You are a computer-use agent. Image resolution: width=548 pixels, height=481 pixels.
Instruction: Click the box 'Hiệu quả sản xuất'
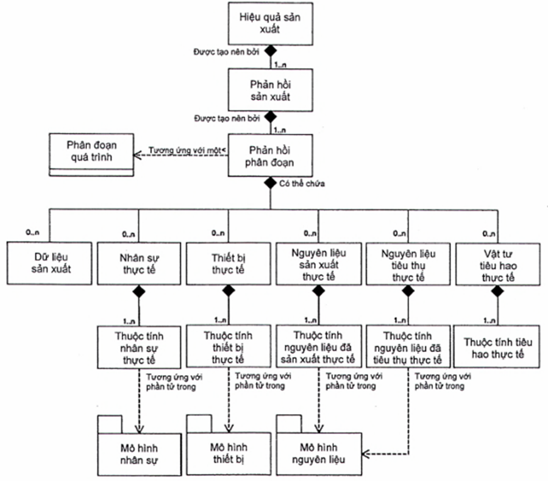[269, 23]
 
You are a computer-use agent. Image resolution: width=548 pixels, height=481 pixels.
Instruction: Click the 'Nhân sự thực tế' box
[138, 263]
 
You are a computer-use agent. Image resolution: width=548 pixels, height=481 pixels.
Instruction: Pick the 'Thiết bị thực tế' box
[228, 263]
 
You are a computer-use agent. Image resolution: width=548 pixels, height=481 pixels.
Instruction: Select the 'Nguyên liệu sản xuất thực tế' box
[318, 263]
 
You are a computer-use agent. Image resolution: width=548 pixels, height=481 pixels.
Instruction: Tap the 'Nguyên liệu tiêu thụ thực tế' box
[407, 263]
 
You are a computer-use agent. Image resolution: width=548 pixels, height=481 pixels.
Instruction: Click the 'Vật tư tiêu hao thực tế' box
[497, 263]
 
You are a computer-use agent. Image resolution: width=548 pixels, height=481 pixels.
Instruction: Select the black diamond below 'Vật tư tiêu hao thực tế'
[497, 292]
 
